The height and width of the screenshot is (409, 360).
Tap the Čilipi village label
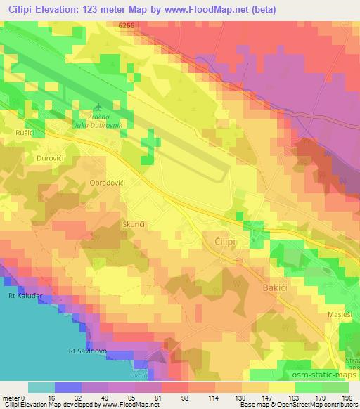(216, 240)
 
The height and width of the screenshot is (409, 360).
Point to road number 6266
(127, 25)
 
